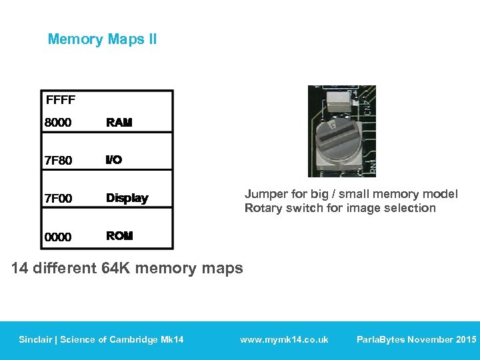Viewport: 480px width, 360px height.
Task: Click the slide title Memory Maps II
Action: (x=102, y=39)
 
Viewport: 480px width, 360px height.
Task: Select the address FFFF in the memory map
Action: (x=61, y=101)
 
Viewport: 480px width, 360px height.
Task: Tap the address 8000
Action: (x=58, y=123)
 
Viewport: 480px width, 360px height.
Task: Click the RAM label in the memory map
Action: (x=119, y=123)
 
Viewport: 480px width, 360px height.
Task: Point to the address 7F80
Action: (x=58, y=161)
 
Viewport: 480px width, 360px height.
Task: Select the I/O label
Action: (x=114, y=160)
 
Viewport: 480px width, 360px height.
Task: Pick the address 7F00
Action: (x=58, y=199)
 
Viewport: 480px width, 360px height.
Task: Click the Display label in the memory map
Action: (x=127, y=198)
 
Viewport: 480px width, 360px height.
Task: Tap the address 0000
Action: (x=58, y=237)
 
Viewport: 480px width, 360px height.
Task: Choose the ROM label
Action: (x=120, y=236)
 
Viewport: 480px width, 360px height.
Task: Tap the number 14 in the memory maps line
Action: (x=20, y=269)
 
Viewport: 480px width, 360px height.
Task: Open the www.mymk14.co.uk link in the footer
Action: (x=284, y=339)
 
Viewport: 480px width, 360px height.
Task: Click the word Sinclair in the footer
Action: (x=37, y=339)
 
